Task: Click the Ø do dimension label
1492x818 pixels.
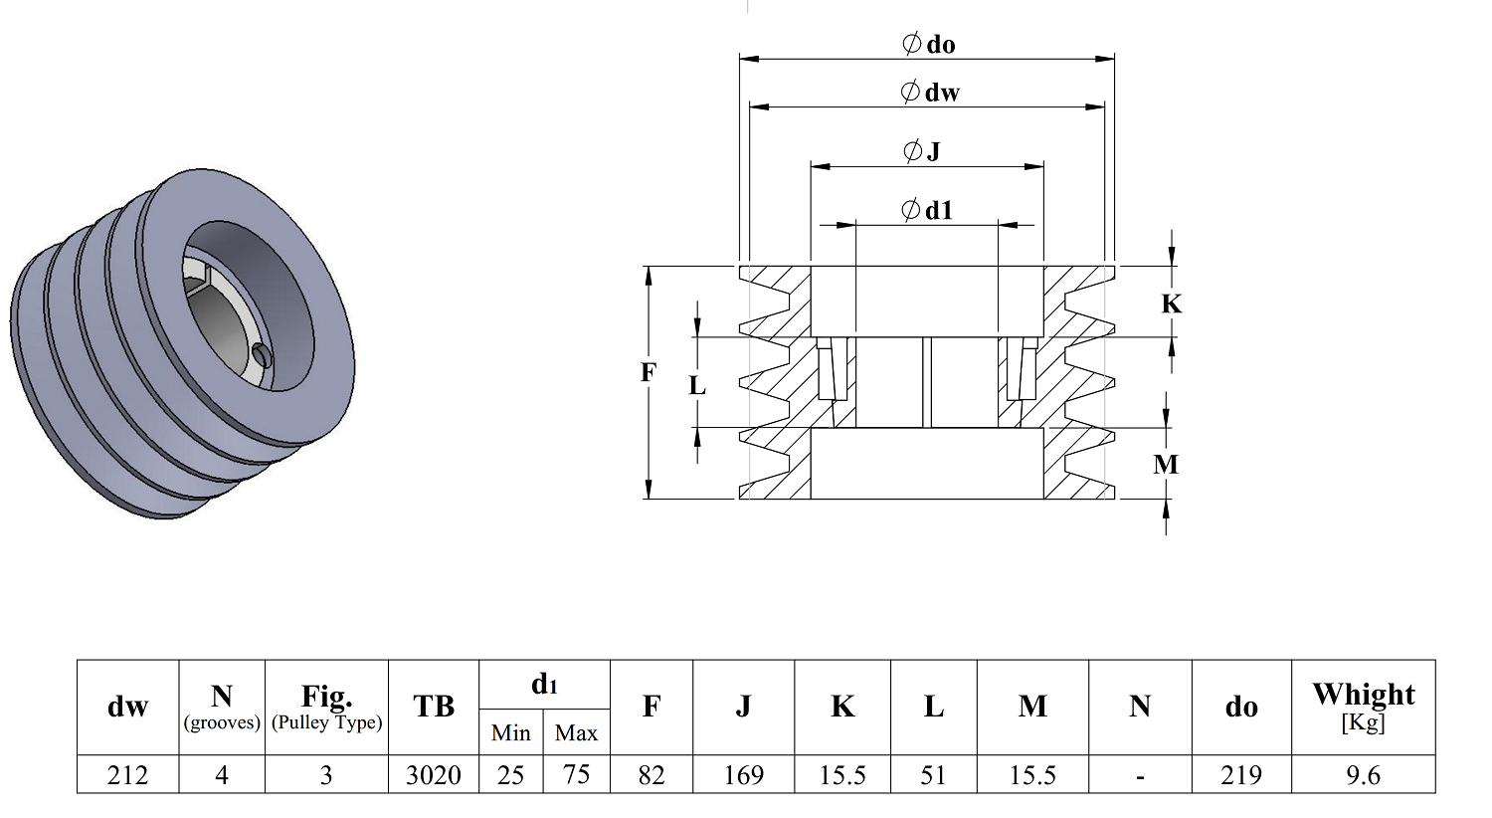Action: coord(928,44)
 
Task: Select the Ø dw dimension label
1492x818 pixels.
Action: coord(930,92)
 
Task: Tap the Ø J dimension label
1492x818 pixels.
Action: coord(922,151)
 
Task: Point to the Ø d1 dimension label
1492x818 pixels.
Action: coord(927,210)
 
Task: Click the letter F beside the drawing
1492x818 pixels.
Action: coord(649,372)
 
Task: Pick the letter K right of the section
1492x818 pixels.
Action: coord(1171,304)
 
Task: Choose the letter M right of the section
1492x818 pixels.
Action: coord(1166,464)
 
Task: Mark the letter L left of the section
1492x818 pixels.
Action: coord(696,385)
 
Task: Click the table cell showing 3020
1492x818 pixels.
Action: coord(434,774)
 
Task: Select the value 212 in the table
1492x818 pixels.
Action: coord(127,774)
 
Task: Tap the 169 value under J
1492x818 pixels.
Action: coord(743,774)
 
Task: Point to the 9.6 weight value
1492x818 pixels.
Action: coord(1363,774)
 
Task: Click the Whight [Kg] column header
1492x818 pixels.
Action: coord(1364,707)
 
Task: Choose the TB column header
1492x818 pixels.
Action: coord(434,707)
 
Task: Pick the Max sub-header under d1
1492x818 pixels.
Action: coord(576,732)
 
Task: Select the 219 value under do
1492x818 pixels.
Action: coord(1241,774)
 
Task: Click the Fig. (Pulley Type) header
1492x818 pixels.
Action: coord(326,707)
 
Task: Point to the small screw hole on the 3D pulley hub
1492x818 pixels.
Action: coord(266,356)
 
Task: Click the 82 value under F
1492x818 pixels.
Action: coord(652,774)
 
